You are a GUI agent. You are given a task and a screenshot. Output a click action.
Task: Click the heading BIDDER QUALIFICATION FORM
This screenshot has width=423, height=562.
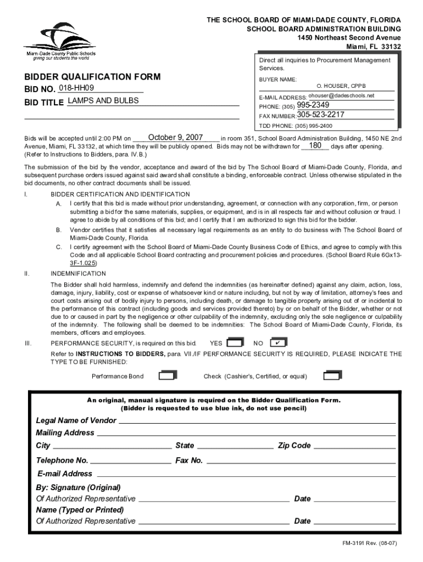pos(92,77)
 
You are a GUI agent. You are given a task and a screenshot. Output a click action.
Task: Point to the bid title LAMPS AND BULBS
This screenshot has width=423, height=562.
pos(103,101)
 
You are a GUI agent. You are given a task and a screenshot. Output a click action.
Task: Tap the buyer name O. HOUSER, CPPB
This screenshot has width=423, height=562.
pos(341,86)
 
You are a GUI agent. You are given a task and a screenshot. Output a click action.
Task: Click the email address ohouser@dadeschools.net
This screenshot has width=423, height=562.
pos(344,96)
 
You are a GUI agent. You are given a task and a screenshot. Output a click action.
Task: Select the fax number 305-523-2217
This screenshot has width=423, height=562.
pos(321,115)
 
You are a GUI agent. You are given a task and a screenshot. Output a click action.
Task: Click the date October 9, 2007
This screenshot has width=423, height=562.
pos(176,137)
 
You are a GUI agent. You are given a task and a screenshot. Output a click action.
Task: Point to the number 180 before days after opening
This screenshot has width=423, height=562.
pos(315,146)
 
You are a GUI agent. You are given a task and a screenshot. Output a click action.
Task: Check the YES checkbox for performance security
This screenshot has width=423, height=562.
pos(235,342)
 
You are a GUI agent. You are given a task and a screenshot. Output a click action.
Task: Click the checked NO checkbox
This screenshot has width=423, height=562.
pos(279,342)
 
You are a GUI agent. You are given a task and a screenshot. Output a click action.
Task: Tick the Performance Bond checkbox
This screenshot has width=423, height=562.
pos(167,376)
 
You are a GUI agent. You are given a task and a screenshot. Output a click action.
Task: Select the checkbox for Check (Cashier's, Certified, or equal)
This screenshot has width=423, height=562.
pos(332,376)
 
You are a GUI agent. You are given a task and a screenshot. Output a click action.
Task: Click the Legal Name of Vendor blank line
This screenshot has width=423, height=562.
pos(257,421)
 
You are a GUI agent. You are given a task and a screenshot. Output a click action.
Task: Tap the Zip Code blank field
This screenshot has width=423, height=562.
pos(354,446)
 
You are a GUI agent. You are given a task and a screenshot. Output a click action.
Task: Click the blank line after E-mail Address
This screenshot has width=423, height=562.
pos(246,474)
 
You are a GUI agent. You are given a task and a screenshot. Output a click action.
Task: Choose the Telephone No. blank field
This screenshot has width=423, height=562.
pos(131,461)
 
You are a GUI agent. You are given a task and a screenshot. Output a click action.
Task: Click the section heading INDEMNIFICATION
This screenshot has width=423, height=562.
pos(78,273)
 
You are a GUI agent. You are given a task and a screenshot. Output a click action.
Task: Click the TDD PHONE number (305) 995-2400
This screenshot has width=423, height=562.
pos(314,126)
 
